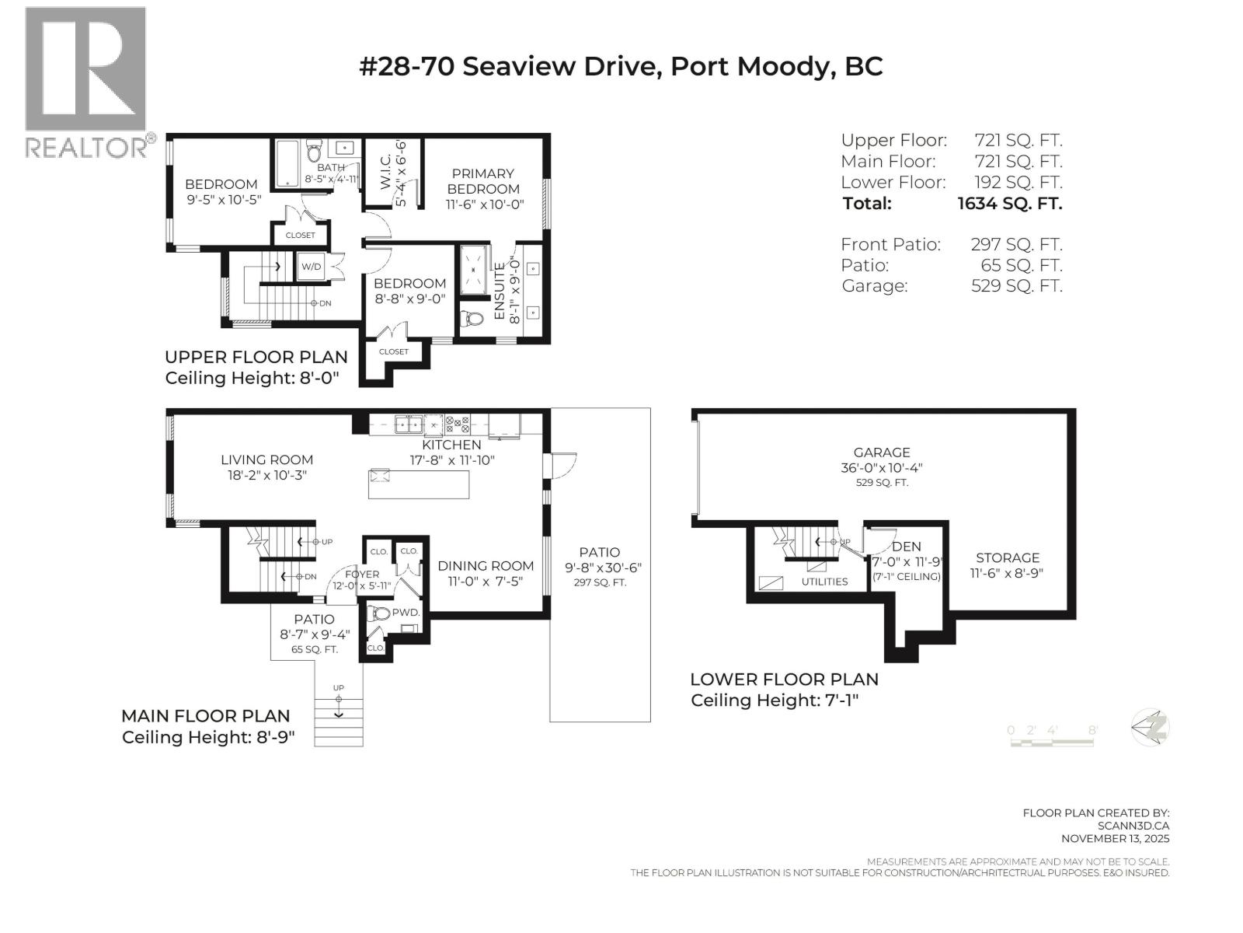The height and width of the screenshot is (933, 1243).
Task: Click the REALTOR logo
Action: pos(85,82)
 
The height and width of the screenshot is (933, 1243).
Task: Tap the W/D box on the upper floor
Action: pos(312,267)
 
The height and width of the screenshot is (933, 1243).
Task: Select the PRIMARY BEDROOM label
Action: pos(483,181)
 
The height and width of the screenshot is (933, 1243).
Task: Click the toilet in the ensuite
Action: pos(472,320)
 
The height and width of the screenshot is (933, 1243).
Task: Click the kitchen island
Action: pos(419,484)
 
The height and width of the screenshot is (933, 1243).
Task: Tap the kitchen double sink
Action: pos(409,425)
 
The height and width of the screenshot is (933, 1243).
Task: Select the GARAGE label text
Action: pos(881,453)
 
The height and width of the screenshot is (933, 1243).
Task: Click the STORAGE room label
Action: pos(1007,558)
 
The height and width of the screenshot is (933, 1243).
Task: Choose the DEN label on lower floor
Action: pos(906,547)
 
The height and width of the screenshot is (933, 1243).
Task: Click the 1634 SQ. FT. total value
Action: pos(1009,204)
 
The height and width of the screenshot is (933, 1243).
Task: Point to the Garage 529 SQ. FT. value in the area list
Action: pos(1016,286)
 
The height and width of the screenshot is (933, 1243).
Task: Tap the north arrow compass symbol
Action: pos(1151,729)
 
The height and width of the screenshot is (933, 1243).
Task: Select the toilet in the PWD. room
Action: pos(379,614)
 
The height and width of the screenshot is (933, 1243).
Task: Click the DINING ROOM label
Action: pos(486,566)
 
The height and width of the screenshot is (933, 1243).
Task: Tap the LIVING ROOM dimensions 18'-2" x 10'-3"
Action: pos(267,476)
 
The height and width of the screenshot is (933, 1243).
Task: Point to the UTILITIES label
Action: pos(824,582)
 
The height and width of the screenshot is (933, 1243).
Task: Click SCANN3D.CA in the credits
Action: pos(1133,826)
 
